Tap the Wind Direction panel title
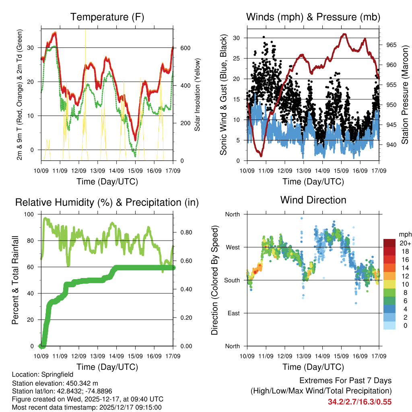click(x=313, y=200)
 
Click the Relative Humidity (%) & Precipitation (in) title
click(x=107, y=202)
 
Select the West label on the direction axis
click(x=232, y=247)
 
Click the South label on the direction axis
click(x=232, y=280)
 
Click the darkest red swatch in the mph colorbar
click(x=389, y=243)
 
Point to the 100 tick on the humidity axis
click(x=30, y=214)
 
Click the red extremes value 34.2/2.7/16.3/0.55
click(x=360, y=402)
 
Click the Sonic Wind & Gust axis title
click(x=224, y=95)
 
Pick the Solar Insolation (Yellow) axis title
click(x=198, y=95)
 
